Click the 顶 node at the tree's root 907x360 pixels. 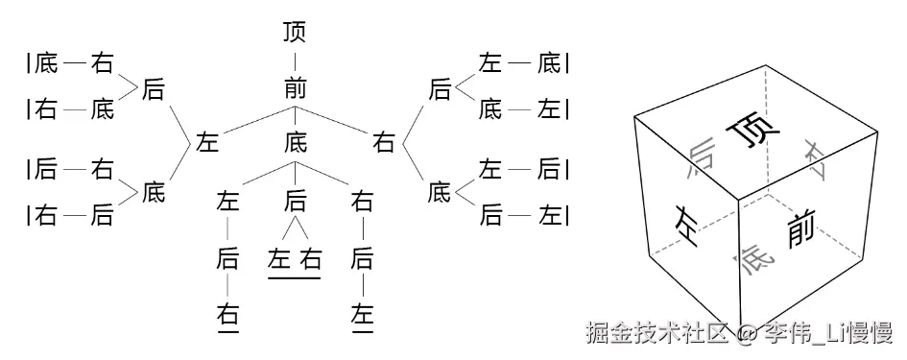tap(296, 33)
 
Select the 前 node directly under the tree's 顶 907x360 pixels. tap(296, 89)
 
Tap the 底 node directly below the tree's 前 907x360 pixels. tap(296, 143)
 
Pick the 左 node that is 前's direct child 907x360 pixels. tap(207, 143)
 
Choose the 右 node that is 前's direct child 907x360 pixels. tap(384, 143)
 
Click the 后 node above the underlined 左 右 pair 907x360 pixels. tap(296, 201)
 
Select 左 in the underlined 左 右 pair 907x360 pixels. tap(279, 258)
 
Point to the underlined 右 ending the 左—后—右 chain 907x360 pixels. tap(227, 314)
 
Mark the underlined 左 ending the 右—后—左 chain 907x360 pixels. tap(362, 314)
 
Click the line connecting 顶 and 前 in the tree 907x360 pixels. tap(296, 60)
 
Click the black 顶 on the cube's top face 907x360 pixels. tap(750, 133)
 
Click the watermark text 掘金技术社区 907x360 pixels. tap(659, 333)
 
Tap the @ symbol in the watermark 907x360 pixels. tap(750, 334)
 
